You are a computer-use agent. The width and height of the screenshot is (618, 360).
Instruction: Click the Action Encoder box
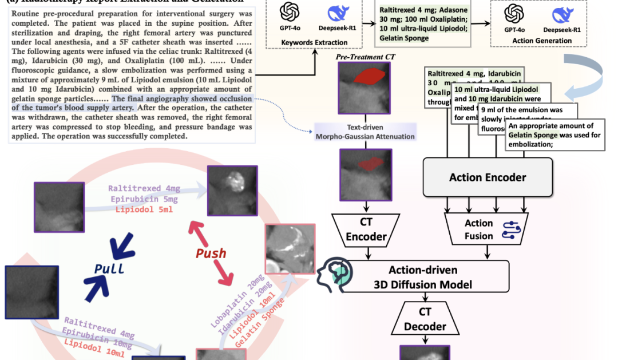coord(488,177)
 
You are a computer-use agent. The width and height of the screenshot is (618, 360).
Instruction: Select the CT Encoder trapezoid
coord(367,230)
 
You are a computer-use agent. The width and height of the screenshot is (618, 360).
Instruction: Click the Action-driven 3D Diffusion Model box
coord(423,276)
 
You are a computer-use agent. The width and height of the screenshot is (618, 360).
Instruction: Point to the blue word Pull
coord(109,268)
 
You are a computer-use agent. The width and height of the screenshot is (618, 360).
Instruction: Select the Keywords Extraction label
coord(314,43)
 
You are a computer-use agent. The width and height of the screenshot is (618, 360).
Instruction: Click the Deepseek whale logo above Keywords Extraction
coord(336,13)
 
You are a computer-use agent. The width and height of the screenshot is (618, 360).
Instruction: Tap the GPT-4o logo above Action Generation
coord(515,13)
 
